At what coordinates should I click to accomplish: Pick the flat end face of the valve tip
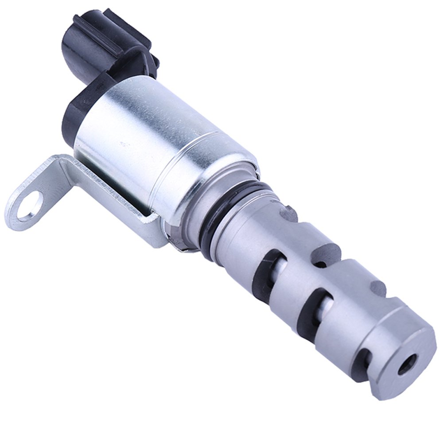[x=403, y=359]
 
